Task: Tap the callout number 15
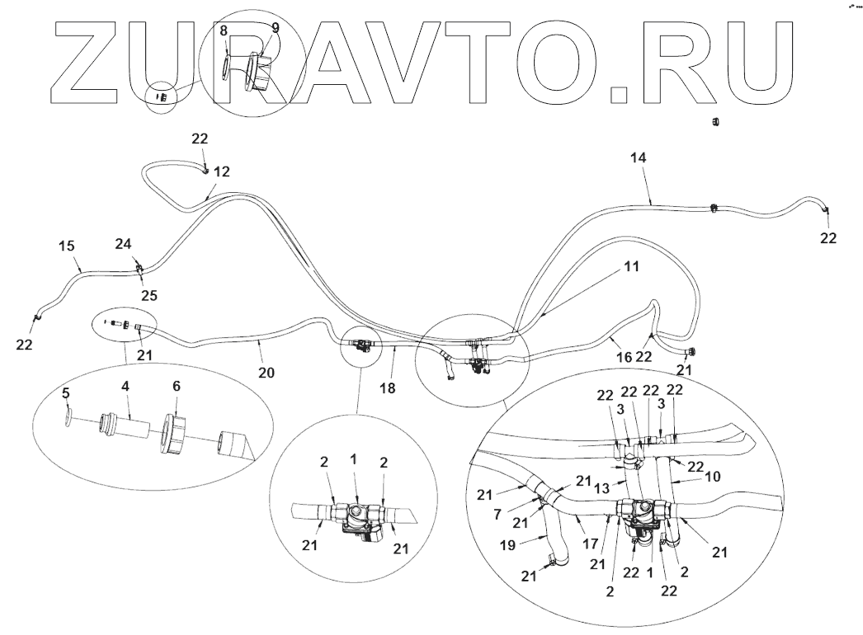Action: (67, 246)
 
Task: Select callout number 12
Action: (222, 172)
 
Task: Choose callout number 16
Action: (623, 357)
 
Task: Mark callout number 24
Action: (122, 243)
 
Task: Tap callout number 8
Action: (224, 29)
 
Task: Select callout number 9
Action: (275, 27)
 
